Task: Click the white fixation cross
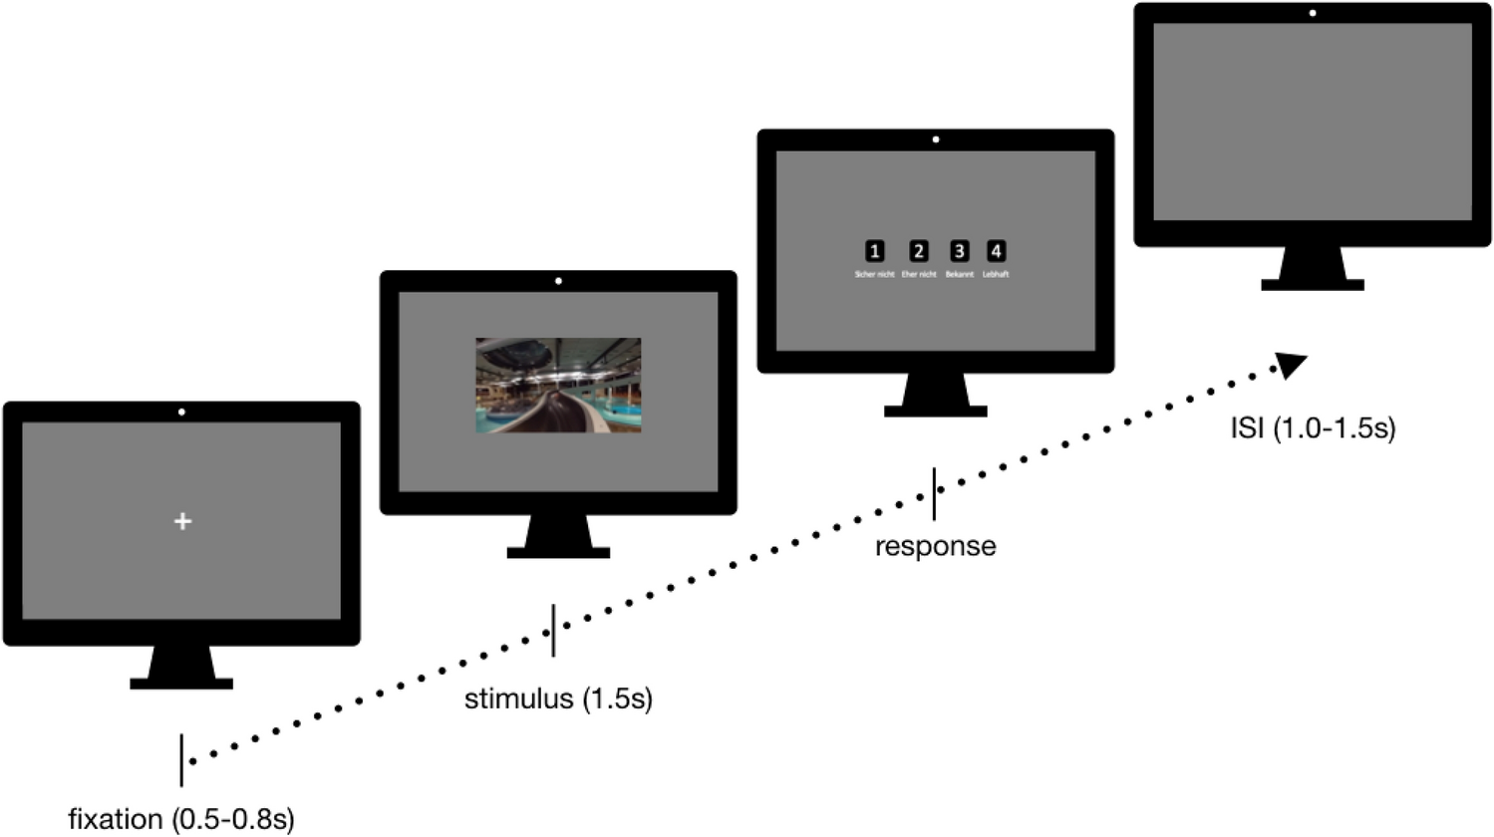tap(182, 521)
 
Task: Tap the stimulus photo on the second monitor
tap(558, 385)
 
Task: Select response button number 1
tap(874, 251)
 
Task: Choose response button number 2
tap(919, 251)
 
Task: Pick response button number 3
tap(959, 251)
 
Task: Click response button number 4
tap(996, 251)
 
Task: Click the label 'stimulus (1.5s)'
tap(558, 698)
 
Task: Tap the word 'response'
tap(935, 546)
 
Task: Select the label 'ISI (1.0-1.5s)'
tap(1313, 428)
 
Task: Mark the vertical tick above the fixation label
tap(181, 759)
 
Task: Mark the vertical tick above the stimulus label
tap(553, 630)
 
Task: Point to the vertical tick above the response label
tap(934, 494)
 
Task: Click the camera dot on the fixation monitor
tap(181, 412)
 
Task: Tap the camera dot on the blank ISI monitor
tap(1313, 14)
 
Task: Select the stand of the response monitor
tap(935, 395)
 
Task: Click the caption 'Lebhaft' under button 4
tap(996, 274)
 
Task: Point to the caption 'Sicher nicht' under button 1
tap(874, 274)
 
